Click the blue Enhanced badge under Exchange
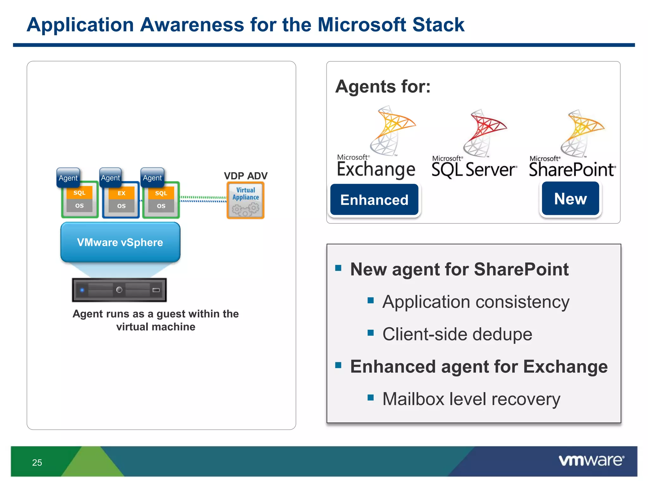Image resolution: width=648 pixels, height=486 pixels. point(374,200)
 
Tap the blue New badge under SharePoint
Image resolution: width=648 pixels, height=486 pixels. point(570,199)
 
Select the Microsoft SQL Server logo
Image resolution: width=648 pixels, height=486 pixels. point(474,146)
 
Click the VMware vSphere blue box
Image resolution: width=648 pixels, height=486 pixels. point(120,242)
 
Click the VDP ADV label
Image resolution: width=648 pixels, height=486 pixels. point(246,176)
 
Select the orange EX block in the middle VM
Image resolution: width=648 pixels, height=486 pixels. point(121,193)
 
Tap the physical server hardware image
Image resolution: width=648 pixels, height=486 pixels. point(119,290)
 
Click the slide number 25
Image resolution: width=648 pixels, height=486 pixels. point(37,463)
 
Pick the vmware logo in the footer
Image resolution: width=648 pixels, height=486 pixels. point(591,460)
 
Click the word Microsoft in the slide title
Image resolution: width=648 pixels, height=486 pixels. point(362,25)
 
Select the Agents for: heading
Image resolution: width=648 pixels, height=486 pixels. point(383,86)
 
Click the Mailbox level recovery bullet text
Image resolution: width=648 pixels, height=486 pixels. point(471,399)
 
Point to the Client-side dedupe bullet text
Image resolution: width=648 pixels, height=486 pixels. point(457,334)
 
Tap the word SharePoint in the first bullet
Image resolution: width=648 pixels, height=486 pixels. point(521,269)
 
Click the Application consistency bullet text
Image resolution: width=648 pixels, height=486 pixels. point(476,302)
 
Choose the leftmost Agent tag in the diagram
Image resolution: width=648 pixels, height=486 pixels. point(68,178)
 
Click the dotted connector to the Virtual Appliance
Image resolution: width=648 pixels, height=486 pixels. point(203,199)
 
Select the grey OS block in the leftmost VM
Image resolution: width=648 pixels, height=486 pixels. point(79,206)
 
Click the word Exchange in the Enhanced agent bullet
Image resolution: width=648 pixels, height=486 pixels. point(565,367)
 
